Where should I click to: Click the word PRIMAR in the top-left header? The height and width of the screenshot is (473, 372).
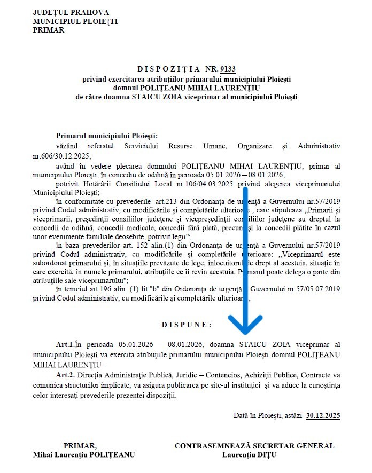tap(48, 30)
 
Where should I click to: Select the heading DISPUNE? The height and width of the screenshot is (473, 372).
tap(186, 324)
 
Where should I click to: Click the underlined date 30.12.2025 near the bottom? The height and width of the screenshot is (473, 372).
tap(323, 415)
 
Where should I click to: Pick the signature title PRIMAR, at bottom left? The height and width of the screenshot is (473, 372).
tap(80, 446)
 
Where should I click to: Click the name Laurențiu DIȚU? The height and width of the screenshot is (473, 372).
tap(254, 455)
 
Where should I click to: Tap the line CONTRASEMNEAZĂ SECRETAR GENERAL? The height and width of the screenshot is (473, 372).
tap(254, 446)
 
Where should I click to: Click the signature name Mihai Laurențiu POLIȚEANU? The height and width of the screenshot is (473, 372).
tap(84, 455)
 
